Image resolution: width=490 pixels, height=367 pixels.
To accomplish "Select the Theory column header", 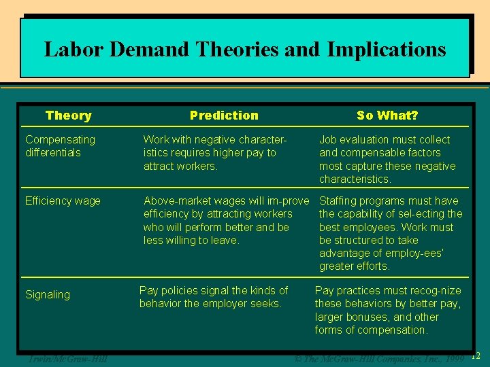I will pos(68,116).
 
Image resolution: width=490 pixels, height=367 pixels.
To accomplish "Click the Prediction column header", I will pos(224,116).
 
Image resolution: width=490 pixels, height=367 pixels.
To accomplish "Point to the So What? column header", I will pos(387,116).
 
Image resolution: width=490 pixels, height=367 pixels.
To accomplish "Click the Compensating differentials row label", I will pos(60,146).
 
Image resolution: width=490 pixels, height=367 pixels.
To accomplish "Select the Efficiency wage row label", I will pos(63,201).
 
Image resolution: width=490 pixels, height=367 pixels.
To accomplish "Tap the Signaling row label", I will pos(48,295).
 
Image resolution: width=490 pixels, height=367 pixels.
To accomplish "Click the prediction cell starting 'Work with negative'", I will pos(215,153).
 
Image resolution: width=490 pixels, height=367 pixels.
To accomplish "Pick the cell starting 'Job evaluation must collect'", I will pos(387,160).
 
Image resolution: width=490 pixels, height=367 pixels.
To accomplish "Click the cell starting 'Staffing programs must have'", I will pos(391,233).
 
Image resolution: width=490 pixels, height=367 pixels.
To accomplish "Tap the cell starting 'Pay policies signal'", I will pos(213,297).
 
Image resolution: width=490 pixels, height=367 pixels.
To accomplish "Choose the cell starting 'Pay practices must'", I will pos(387,311).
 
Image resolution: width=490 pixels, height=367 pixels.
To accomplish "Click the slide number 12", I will pos(476,355).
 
